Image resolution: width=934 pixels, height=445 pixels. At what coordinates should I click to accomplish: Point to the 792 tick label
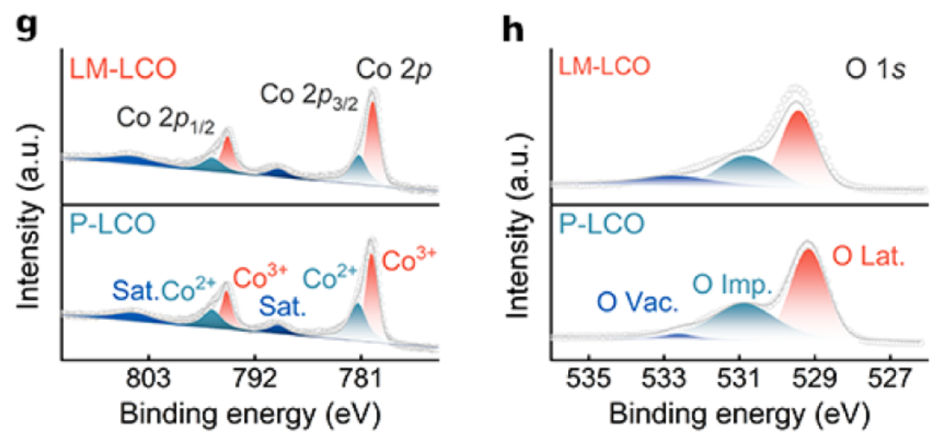click(x=255, y=379)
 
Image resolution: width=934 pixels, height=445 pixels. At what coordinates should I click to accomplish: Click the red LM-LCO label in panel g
click(x=110, y=66)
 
